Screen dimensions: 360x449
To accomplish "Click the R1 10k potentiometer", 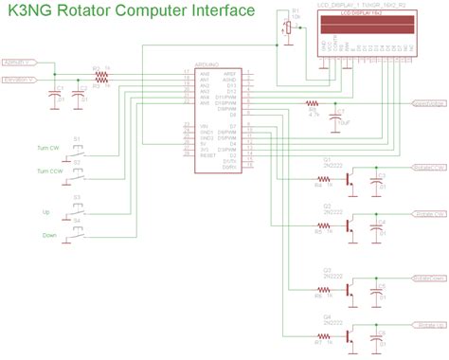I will (x=288, y=28).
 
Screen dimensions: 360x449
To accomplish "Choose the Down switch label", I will (x=47, y=233).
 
